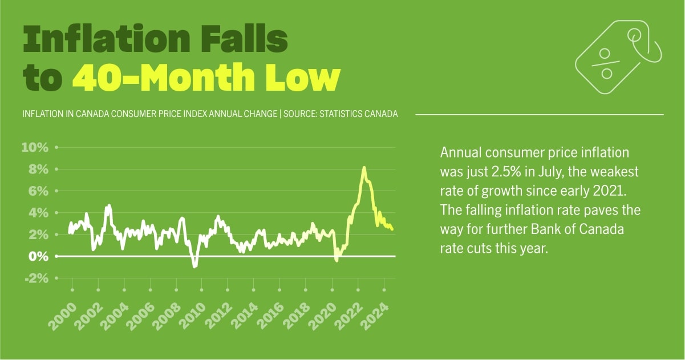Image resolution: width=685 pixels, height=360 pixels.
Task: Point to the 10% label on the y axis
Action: pos(35,148)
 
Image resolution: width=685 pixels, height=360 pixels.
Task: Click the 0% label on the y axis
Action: pos(38,256)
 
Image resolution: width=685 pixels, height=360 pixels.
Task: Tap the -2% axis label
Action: pos(35,278)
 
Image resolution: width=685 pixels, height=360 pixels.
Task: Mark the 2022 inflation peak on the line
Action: pos(364,168)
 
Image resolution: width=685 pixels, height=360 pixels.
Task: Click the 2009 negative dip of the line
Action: pos(194,266)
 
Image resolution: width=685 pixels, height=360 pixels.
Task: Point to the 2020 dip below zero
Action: pos(337,260)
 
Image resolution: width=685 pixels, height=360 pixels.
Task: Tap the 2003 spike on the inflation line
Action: pos(108,205)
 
